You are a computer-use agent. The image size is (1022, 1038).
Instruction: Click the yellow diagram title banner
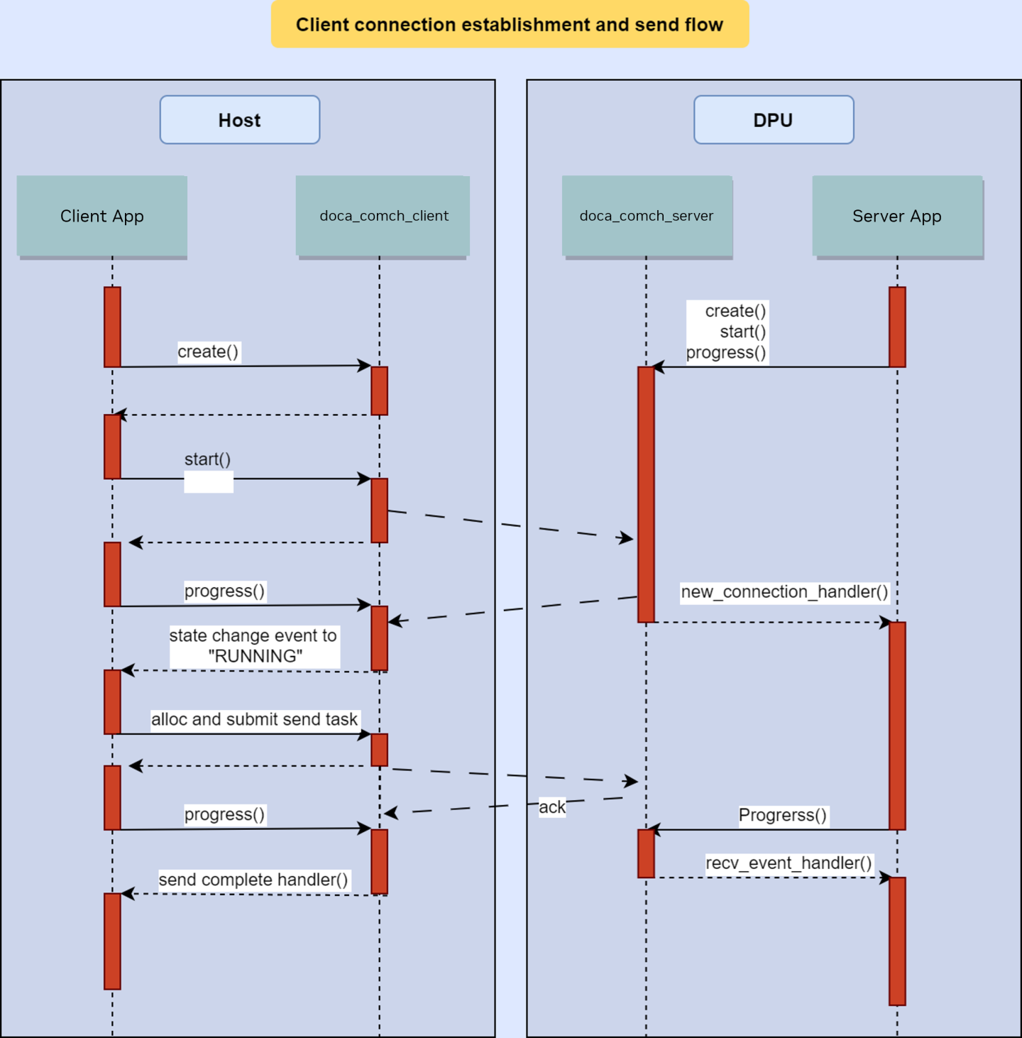coord(510,24)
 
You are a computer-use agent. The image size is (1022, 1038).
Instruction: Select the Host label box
coord(240,120)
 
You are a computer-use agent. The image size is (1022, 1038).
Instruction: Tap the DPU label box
coord(774,120)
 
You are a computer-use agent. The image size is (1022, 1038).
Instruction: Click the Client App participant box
coord(102,216)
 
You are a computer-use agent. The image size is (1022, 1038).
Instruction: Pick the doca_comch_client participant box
coord(383,216)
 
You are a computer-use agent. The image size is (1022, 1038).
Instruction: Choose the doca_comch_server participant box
coord(647,216)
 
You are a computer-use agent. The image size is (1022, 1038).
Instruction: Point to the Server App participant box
coord(897,216)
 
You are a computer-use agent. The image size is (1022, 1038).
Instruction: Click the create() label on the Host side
coord(208,351)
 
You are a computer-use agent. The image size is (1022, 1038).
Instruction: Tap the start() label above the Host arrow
coord(208,459)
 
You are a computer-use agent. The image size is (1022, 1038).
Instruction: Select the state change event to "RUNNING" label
coord(253,645)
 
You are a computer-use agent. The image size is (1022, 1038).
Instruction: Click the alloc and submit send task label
coord(254,719)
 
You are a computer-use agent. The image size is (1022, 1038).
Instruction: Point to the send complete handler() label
coord(253,880)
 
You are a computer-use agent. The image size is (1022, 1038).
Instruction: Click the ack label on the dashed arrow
coord(552,807)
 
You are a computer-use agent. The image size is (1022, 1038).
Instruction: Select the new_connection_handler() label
coord(784,591)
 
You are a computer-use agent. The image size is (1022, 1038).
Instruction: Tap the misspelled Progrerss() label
coord(783,815)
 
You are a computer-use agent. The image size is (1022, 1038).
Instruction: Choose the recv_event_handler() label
coord(789,863)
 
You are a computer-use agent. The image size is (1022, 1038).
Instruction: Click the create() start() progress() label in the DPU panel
coord(727,332)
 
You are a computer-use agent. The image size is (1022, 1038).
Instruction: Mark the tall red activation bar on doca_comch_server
coord(646,494)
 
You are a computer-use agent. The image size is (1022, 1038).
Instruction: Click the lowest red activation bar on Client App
coord(112,941)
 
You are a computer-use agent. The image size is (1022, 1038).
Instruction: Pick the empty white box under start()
coord(209,484)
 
